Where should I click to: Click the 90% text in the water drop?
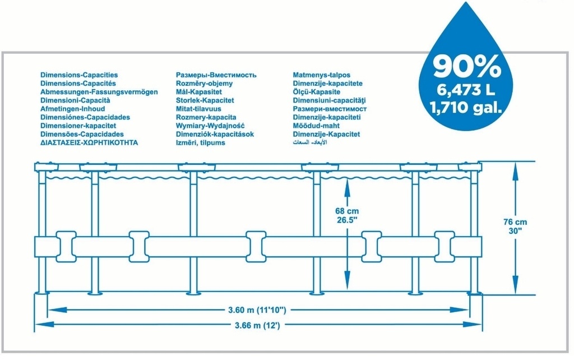(x=467, y=66)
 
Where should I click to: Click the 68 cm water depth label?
(x=346, y=211)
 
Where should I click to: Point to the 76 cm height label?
(x=515, y=222)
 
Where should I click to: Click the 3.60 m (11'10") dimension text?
(x=257, y=310)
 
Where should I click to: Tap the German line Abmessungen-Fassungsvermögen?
(x=99, y=92)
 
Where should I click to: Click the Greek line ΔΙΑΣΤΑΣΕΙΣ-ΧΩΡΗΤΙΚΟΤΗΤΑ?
(x=89, y=142)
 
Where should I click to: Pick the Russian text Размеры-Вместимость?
(x=216, y=75)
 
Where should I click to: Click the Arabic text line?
(x=309, y=142)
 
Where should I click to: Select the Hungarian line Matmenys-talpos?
(x=321, y=75)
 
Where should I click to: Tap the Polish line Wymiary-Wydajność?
(x=210, y=126)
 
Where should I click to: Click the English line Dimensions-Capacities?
(x=79, y=75)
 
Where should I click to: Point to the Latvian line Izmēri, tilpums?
(x=201, y=142)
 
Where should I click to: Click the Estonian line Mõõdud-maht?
(x=316, y=126)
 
